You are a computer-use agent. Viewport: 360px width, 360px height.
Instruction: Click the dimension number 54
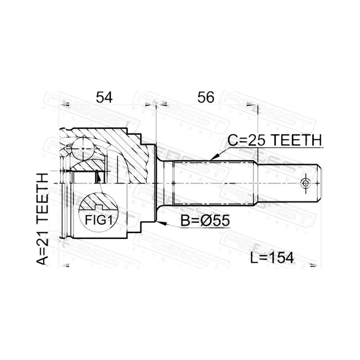(104, 97)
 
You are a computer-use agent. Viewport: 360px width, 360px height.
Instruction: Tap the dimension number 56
(206, 97)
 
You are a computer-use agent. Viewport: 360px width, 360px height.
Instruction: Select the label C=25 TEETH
(274, 140)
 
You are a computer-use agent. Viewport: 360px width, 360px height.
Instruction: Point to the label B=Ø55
(205, 220)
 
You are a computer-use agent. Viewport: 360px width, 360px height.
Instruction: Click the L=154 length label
(272, 257)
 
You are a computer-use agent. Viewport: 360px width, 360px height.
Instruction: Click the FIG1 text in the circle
(99, 220)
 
